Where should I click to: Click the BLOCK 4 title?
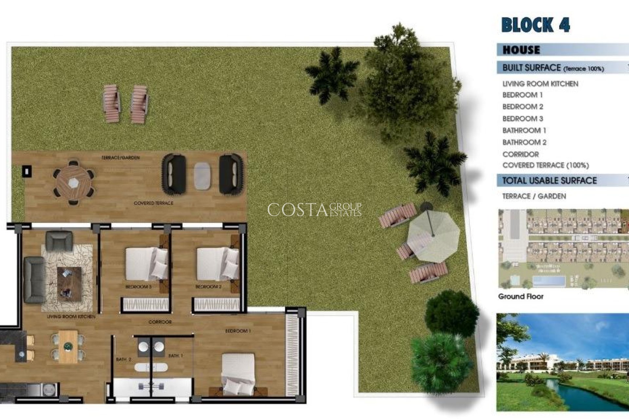(535, 25)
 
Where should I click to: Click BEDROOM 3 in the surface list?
(523, 118)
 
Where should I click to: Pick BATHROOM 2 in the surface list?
(524, 142)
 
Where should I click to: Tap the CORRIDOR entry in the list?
(520, 154)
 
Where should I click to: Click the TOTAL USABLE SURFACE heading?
(549, 181)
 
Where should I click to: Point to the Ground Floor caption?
(521, 297)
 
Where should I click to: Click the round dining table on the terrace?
(74, 182)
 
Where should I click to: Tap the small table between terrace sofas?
(202, 176)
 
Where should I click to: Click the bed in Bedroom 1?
(238, 373)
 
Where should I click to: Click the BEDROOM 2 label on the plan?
(208, 287)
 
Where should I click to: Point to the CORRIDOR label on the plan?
(160, 322)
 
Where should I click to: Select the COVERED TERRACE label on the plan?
(153, 203)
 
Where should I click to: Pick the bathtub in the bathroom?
(151, 367)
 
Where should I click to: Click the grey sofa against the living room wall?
(34, 279)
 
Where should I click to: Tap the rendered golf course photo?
(562, 362)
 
